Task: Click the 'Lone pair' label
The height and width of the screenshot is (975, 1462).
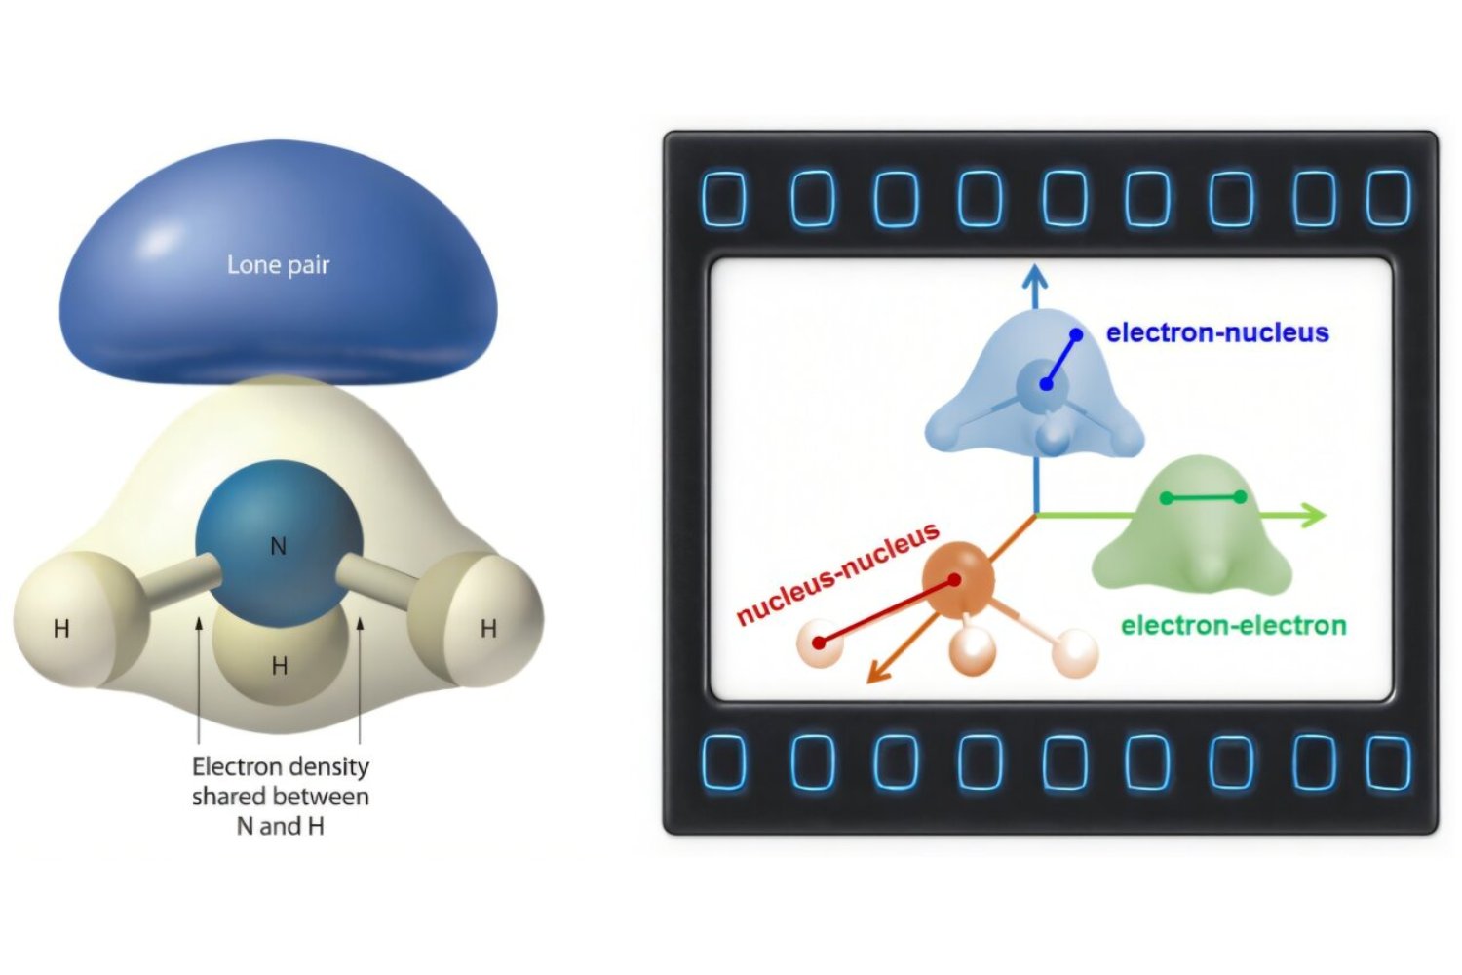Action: [x=278, y=265]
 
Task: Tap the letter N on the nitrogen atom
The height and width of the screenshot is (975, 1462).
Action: [x=278, y=546]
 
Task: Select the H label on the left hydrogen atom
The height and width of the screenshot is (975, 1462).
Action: [x=61, y=629]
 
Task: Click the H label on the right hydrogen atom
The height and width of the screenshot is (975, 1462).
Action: [x=488, y=629]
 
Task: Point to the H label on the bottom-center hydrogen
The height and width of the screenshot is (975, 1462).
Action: [x=280, y=666]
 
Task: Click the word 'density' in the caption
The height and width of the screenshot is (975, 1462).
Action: [x=328, y=767]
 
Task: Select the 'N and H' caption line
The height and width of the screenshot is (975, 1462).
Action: [x=280, y=826]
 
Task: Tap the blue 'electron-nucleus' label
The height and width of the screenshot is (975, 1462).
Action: [x=1217, y=332]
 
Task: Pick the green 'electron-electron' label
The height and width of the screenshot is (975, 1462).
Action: [x=1233, y=625]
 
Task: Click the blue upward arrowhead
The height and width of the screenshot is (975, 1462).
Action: [x=1035, y=277]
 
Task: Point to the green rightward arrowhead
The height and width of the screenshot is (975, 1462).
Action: [x=1315, y=514]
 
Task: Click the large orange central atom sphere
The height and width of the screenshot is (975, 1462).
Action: [x=958, y=580]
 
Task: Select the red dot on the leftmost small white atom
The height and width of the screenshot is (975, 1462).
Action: [x=820, y=643]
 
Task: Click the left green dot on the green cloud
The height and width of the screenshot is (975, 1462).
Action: [x=1167, y=498]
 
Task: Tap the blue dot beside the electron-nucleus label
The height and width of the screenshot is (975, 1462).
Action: [x=1076, y=334]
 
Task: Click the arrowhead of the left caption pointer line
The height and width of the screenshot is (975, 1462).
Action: [x=199, y=624]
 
